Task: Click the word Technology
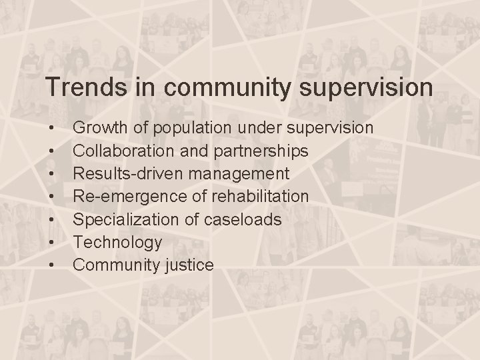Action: point(117,242)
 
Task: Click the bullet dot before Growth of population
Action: point(51,127)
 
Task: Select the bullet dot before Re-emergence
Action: point(51,197)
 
